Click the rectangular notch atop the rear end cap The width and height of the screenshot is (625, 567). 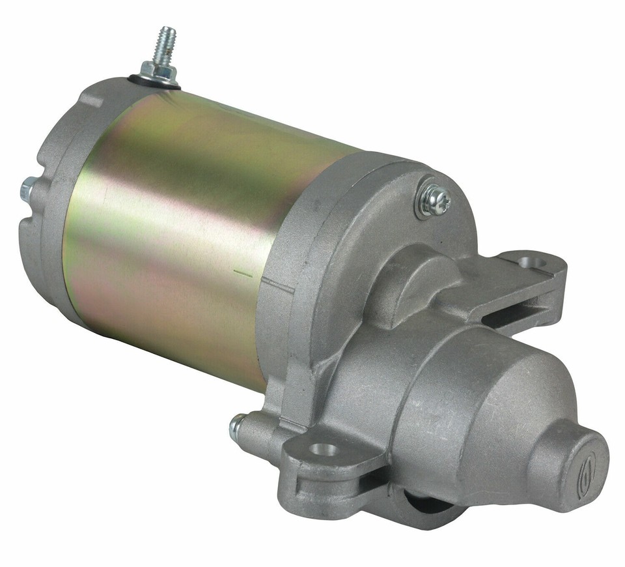90,98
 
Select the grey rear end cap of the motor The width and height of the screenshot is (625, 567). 52,196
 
